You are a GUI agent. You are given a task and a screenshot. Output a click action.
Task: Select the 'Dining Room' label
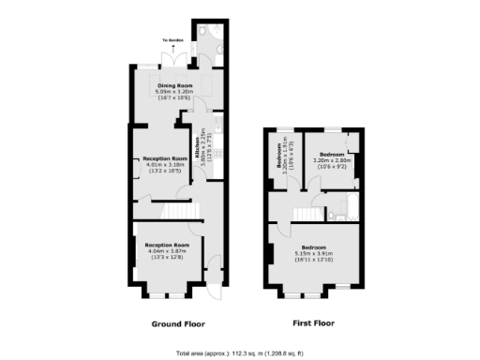coord(174,85)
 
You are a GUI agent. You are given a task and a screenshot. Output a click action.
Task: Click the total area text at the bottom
coord(240,352)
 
